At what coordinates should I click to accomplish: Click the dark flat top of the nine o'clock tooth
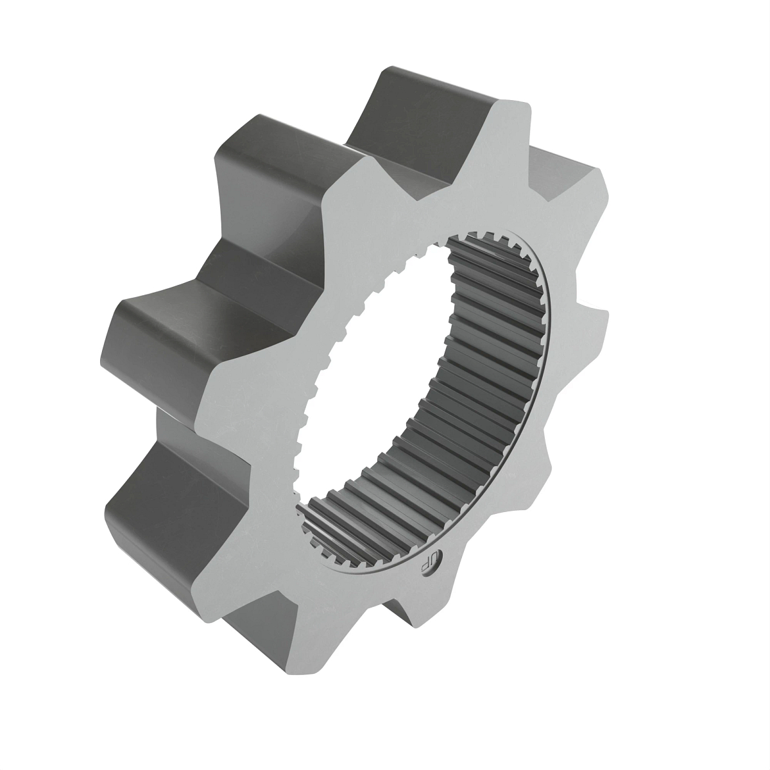(x=167, y=334)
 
